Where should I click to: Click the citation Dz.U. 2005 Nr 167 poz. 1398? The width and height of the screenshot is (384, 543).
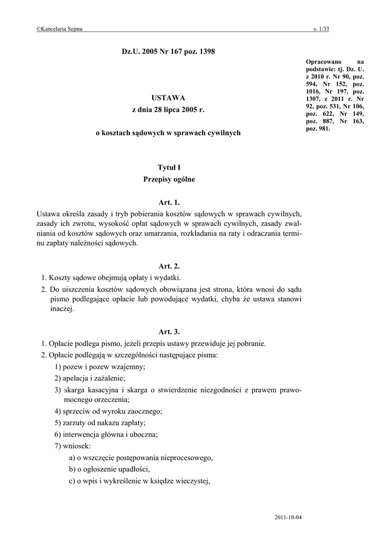point(168,51)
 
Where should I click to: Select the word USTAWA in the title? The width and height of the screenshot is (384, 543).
point(168,98)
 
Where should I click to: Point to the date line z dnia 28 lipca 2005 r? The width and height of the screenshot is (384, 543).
point(168,110)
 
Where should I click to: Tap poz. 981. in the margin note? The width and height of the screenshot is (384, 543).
point(319,128)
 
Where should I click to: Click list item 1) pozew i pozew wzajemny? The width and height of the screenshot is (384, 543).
point(100,367)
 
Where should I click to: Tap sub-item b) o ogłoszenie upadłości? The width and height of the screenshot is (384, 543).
point(110,469)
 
